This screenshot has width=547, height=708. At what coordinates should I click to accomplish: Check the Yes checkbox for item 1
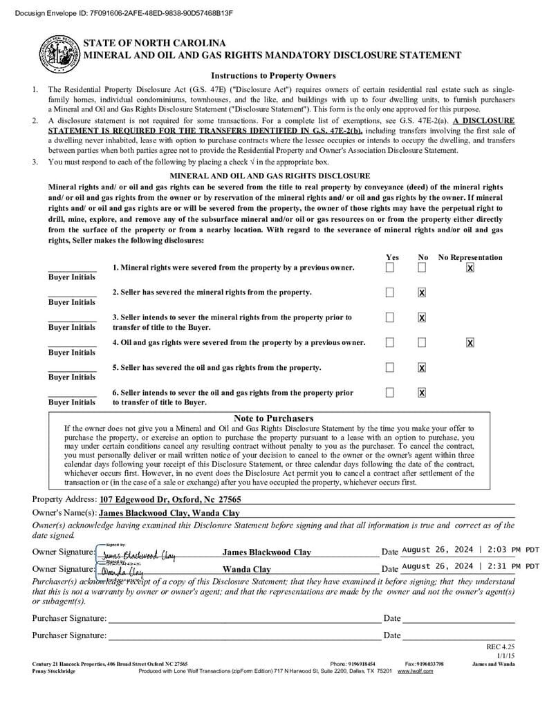[390, 268]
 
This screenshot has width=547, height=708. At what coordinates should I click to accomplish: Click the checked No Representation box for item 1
[470, 268]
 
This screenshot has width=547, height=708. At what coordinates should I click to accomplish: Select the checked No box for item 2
[422, 292]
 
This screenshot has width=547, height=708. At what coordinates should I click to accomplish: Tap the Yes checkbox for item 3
[390, 317]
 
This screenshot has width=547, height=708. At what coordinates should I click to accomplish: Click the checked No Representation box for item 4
[470, 342]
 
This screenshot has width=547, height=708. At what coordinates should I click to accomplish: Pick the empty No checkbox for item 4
[422, 342]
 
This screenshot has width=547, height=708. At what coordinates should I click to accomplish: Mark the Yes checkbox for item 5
[390, 367]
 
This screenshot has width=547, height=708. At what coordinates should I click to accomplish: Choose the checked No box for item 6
[422, 392]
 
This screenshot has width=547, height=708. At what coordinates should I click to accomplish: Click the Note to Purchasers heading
[273, 418]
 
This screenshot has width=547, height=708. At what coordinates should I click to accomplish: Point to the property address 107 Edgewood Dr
[170, 499]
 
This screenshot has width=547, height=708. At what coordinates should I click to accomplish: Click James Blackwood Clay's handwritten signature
[138, 555]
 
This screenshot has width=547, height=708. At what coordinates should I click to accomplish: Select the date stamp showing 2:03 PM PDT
[470, 550]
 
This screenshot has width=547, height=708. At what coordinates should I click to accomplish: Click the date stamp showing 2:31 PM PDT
[470, 566]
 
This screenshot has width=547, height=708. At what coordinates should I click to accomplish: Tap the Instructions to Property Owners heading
[273, 76]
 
